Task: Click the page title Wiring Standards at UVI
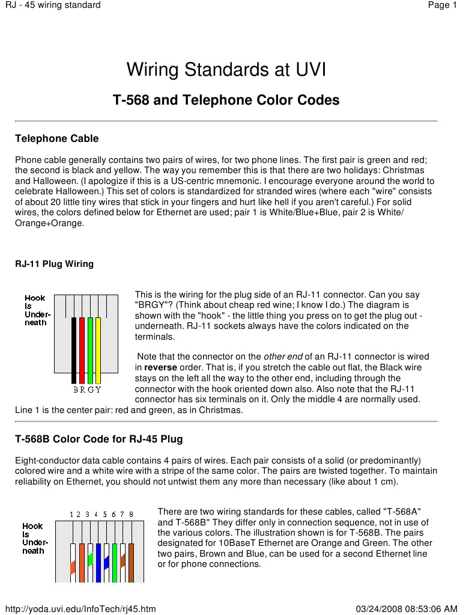click(226, 70)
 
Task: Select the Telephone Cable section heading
click(56, 139)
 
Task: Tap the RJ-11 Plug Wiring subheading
click(54, 264)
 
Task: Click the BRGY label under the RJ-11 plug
click(86, 390)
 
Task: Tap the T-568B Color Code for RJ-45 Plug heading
click(98, 439)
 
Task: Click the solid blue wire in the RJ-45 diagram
click(98, 562)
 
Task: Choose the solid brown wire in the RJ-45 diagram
click(131, 562)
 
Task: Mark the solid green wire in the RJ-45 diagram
click(115, 562)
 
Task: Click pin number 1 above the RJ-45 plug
click(71, 515)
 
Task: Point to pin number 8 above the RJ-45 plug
click(131, 515)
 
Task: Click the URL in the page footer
click(79, 609)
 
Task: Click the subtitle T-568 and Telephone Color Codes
click(226, 100)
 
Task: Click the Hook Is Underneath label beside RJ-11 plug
click(37, 310)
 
